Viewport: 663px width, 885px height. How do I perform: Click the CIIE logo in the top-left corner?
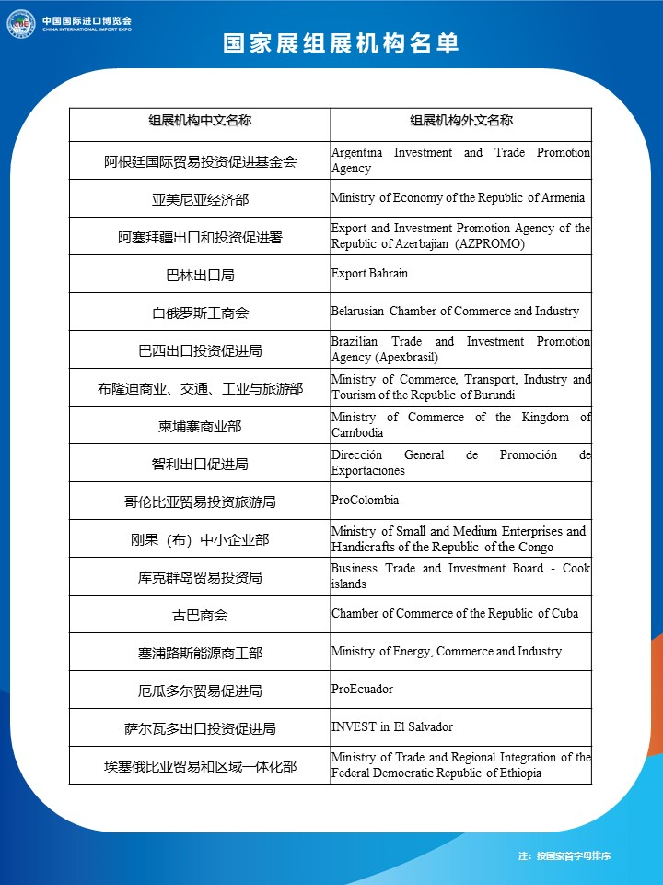(20, 24)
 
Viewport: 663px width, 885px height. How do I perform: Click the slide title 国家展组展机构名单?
(341, 44)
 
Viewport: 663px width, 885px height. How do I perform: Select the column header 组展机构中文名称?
(200, 121)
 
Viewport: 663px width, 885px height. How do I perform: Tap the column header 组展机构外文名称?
(460, 121)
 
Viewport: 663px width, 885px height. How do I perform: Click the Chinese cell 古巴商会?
(200, 615)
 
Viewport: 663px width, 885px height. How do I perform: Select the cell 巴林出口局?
(200, 275)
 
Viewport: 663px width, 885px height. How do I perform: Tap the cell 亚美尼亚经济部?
(200, 199)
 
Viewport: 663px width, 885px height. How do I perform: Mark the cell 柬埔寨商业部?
(200, 426)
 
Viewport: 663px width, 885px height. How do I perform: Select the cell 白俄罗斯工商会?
(200, 313)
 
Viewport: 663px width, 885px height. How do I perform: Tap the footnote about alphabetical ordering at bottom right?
(564, 856)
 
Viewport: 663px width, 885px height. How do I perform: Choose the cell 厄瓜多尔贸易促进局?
(200, 690)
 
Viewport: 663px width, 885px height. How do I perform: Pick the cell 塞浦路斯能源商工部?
(200, 653)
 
